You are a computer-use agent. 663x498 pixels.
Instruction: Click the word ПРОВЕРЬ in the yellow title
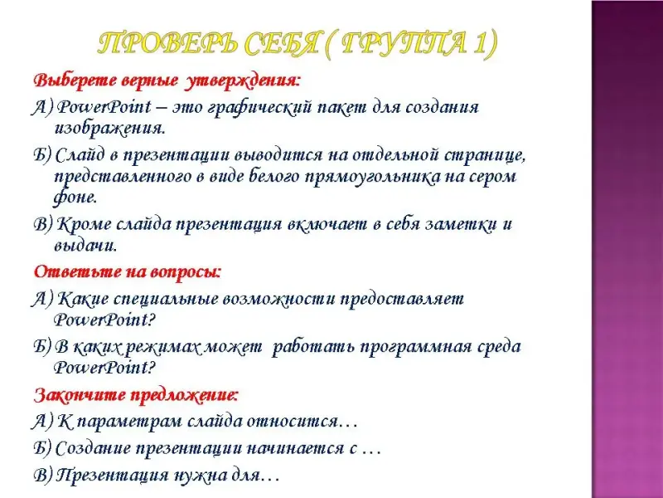pyautogui.click(x=167, y=43)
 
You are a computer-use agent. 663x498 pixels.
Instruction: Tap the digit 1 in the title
pyautogui.click(x=479, y=43)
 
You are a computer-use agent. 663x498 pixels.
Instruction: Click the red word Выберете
pyautogui.click(x=74, y=80)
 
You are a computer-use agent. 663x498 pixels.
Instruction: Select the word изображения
pyautogui.click(x=109, y=129)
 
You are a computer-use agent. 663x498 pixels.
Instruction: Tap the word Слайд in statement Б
pyautogui.click(x=80, y=156)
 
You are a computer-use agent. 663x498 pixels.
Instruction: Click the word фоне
pyautogui.click(x=75, y=198)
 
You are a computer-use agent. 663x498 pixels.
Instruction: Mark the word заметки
pyautogui.click(x=461, y=224)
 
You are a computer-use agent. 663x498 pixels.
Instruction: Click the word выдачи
pyautogui.click(x=85, y=246)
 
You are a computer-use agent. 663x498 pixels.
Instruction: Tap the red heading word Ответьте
pyautogui.click(x=77, y=271)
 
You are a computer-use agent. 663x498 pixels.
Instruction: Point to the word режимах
pyautogui.click(x=161, y=347)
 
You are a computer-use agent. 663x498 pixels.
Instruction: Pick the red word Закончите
pyautogui.click(x=79, y=395)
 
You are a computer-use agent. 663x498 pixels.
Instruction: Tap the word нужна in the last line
pyautogui.click(x=201, y=475)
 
